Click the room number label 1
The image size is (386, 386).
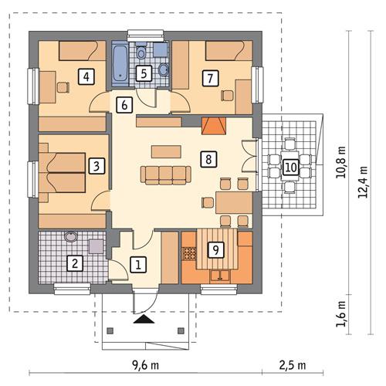click(x=138, y=265)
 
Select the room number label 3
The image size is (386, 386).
click(x=96, y=165)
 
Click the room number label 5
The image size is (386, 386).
click(x=143, y=74)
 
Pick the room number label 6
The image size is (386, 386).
click(x=123, y=104)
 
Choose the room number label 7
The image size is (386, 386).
click(x=207, y=76)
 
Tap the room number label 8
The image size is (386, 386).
click(x=206, y=159)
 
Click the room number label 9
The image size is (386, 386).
click(x=215, y=249)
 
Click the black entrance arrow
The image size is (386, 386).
click(x=142, y=317)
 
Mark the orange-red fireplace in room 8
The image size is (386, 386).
click(x=212, y=127)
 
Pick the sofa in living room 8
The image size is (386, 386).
click(x=163, y=174)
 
